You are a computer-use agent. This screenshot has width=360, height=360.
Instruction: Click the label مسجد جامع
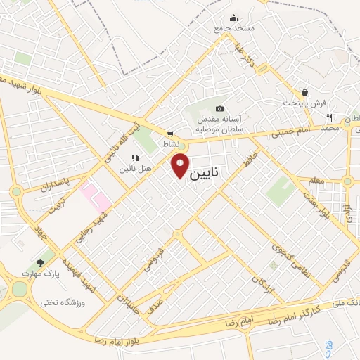(234, 29)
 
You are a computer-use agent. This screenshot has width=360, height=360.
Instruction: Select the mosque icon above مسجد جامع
(234, 18)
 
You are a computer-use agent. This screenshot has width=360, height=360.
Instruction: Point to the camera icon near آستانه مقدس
(220, 108)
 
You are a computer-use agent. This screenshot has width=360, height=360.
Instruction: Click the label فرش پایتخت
(305, 103)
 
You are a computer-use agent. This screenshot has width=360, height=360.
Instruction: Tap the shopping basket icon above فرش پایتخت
(305, 92)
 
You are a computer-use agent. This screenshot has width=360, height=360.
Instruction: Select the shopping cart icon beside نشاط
(170, 133)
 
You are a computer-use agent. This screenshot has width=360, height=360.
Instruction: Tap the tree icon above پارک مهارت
(39, 262)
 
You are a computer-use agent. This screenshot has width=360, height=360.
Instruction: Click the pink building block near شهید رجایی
(96, 195)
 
